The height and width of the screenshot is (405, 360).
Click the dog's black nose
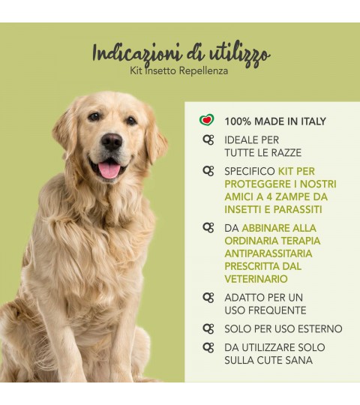click(x=112, y=142)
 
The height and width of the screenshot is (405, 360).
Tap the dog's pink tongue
click(x=110, y=170)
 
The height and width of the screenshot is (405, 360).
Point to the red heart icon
click(x=207, y=120)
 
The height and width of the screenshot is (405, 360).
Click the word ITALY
click(x=313, y=121)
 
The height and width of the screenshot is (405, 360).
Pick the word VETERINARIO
click(x=256, y=279)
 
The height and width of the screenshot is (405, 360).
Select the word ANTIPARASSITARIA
click(x=268, y=253)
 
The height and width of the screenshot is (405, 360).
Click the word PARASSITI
click(x=298, y=209)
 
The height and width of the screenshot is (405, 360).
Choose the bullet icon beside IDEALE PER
click(x=208, y=140)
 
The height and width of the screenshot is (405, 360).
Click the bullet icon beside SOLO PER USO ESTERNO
click(x=208, y=328)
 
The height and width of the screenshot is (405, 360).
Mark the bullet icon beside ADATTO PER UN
click(x=208, y=298)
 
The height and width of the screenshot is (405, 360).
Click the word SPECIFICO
click(x=250, y=172)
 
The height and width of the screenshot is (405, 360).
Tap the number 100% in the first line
click(x=238, y=121)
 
